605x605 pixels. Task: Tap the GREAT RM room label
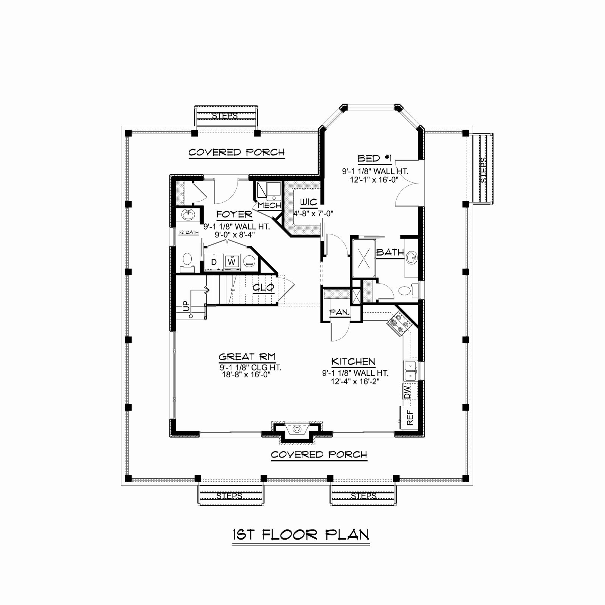247,357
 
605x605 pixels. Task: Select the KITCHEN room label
353,361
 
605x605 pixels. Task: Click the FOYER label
234,215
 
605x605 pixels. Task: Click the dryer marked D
214,262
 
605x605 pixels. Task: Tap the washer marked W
232,262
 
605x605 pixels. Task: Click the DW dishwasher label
407,393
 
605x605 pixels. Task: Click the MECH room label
270,205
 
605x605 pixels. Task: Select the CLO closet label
263,288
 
